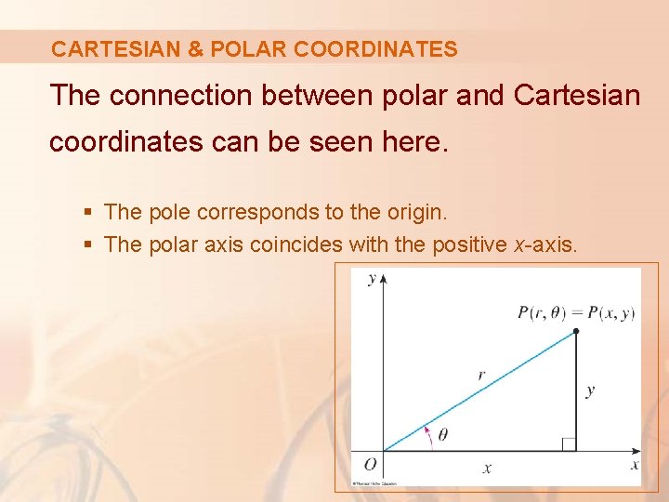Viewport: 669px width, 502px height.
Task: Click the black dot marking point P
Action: coord(576,331)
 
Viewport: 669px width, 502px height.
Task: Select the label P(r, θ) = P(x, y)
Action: coord(575,312)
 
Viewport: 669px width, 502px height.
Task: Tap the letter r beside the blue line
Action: coord(480,375)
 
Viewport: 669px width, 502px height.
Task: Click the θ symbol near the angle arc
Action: coord(442,435)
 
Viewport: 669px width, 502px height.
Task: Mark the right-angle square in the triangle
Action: coord(570,444)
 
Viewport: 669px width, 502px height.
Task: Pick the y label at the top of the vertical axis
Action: coord(372,279)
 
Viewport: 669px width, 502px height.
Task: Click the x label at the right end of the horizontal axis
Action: coord(635,464)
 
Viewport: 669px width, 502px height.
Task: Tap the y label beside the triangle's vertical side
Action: coord(590,390)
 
